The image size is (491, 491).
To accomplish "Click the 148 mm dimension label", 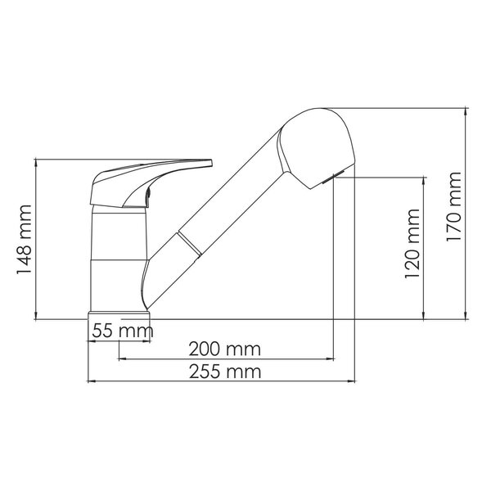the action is pos(24,239).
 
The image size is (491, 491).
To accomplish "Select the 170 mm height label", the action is pos(453,206).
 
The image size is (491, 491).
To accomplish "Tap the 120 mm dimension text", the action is pos(412,243).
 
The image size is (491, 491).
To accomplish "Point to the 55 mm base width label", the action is pos(123,331).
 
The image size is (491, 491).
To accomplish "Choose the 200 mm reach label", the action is pos(224,349).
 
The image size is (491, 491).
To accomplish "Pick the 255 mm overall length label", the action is pos(225,372).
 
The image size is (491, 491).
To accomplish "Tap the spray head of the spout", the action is pos(316,148).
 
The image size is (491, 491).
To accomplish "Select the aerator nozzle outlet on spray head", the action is pos(334,177).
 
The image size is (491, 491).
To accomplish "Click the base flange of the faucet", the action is pos(119,315).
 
